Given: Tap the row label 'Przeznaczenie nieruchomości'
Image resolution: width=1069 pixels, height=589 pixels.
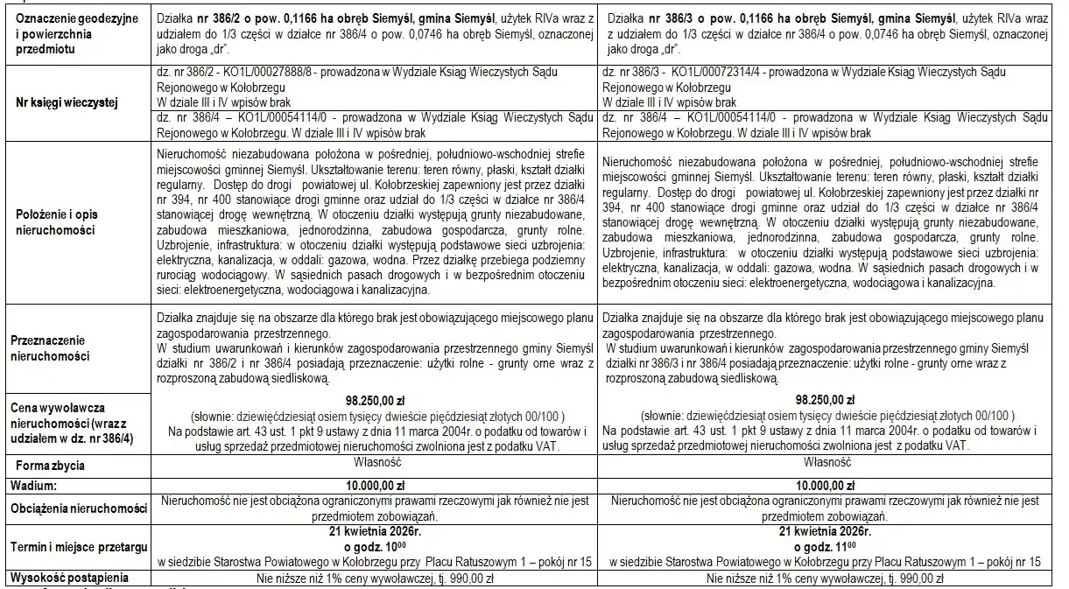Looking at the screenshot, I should coord(50,349).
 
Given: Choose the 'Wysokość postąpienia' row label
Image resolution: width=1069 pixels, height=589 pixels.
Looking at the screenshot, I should coord(69,578).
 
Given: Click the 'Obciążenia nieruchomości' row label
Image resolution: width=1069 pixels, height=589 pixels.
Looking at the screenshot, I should coord(77,508).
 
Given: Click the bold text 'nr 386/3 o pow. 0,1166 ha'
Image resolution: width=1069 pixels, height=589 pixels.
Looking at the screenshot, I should coord(715,18).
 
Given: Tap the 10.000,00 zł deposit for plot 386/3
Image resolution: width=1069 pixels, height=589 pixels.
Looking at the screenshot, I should coord(825,483).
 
